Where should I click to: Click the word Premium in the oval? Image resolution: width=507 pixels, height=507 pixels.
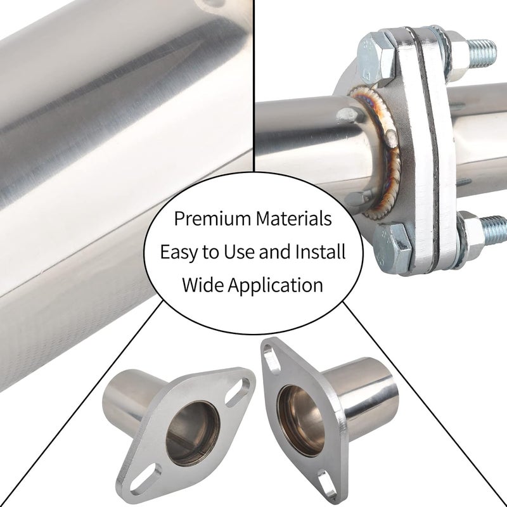(x=213, y=219)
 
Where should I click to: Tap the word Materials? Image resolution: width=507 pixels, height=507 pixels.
(x=294, y=218)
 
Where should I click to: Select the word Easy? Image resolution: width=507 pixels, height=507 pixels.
(x=179, y=252)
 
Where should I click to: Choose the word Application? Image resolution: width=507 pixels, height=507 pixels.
(x=276, y=286)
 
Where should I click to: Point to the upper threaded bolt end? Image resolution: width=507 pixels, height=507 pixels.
(x=482, y=53)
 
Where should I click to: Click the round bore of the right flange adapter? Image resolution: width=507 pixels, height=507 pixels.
(x=301, y=421)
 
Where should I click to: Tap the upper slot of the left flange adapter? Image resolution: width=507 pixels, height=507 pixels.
(x=238, y=392)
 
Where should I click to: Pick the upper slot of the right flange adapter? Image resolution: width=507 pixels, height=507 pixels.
(x=271, y=359)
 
